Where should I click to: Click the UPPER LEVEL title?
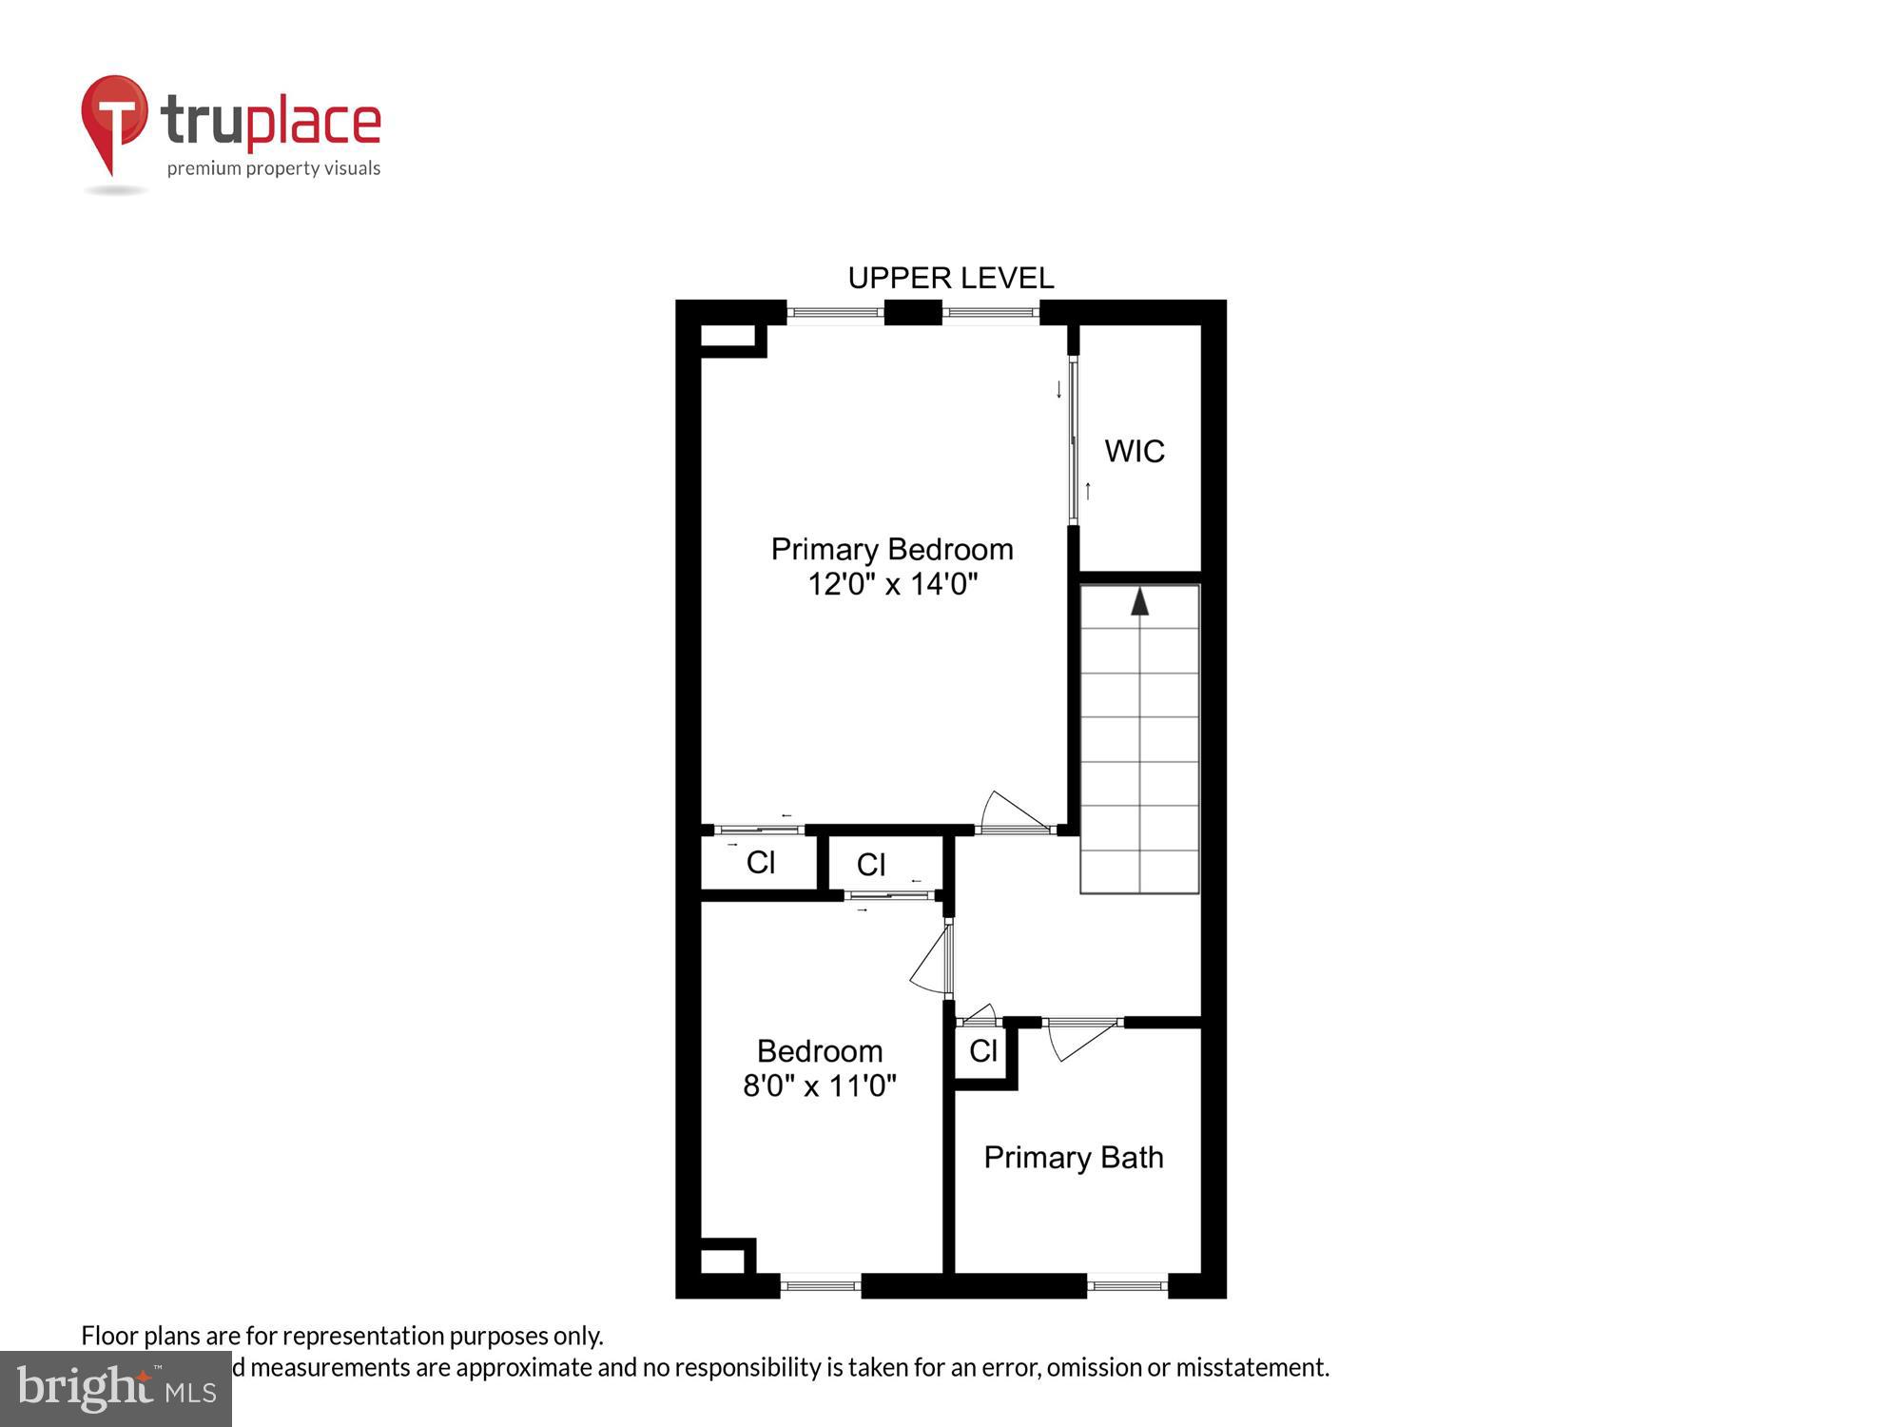[x=950, y=278]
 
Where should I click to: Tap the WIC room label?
[x=1134, y=451]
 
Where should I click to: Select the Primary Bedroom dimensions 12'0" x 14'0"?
[x=892, y=584]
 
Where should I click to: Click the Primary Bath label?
[x=1073, y=1157]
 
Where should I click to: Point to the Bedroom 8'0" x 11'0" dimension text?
[x=819, y=1085]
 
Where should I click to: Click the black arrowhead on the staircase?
[x=1139, y=601]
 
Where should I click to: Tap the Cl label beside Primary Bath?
[x=982, y=1051]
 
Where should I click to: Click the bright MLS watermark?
[x=115, y=1389]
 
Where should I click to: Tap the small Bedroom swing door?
[x=933, y=961]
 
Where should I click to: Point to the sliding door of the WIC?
[x=1074, y=440]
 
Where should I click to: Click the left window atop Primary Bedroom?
[x=835, y=312]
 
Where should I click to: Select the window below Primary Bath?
[x=1127, y=1286]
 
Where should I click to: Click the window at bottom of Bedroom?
[x=820, y=1286]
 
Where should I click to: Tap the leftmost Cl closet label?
[x=760, y=863]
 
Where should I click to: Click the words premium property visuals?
[x=274, y=168]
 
